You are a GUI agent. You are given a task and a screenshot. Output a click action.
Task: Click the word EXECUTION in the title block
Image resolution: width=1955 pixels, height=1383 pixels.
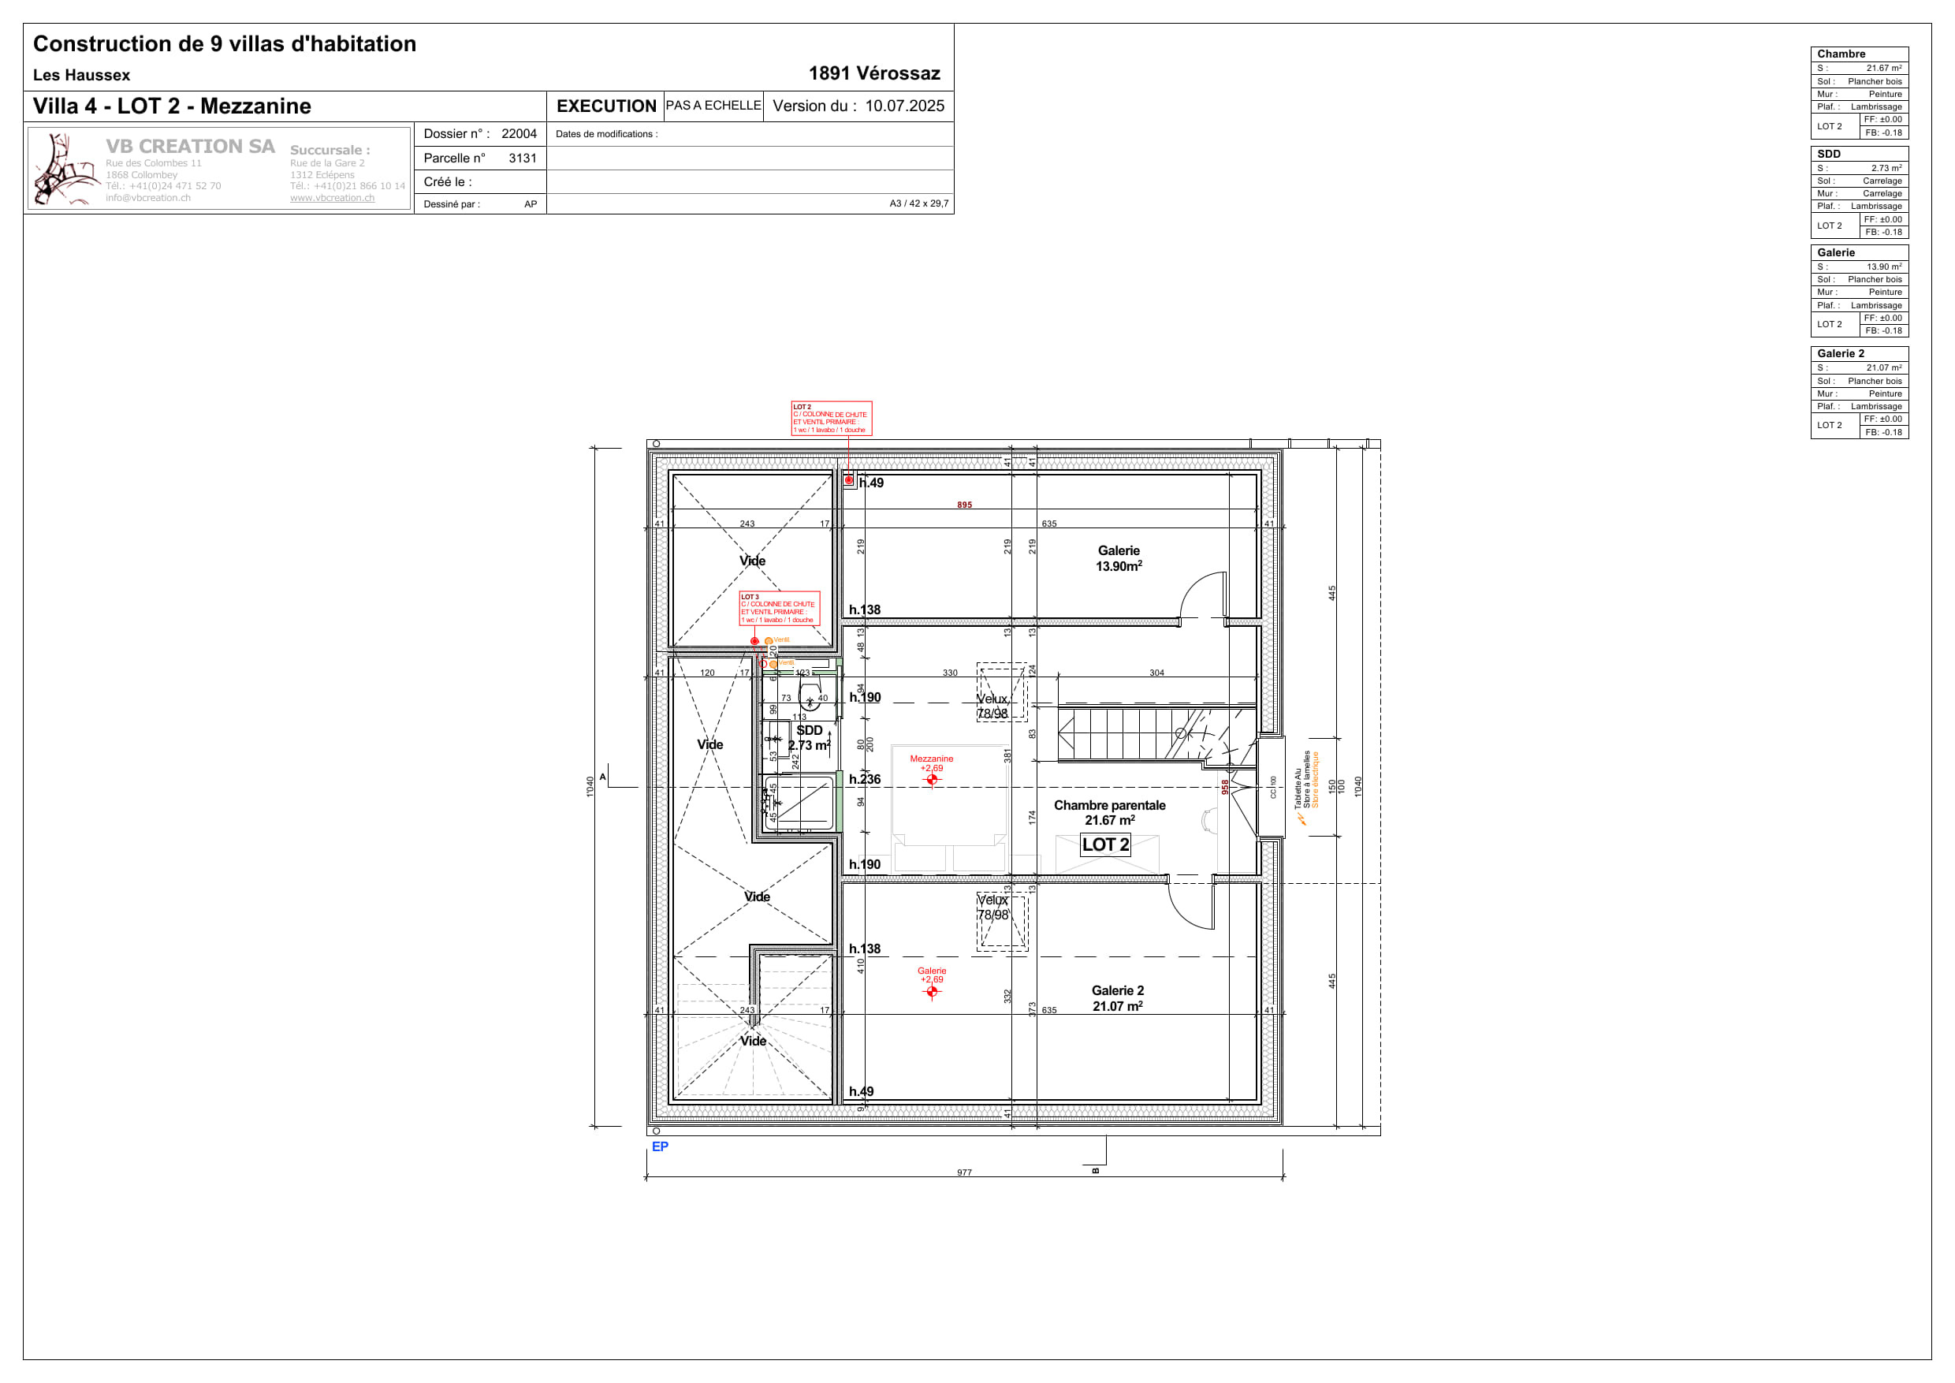pos(605,106)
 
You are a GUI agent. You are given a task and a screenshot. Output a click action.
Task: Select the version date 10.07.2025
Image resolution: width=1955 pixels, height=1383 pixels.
pos(904,106)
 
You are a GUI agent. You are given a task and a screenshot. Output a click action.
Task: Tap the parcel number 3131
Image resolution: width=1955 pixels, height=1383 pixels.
pos(522,158)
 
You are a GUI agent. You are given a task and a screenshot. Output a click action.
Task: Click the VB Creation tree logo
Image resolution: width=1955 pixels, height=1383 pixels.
pos(65,170)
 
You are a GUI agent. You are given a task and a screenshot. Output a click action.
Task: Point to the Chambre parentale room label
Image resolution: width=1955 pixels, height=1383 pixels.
pos(1108,812)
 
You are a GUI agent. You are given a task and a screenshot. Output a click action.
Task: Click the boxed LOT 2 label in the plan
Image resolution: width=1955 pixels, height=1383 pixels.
pos(1104,844)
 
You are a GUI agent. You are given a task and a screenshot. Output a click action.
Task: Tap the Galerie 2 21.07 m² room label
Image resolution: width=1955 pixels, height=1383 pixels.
pos(1117,998)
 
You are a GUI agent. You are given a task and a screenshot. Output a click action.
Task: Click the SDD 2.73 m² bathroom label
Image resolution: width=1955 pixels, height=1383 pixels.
pos(809,737)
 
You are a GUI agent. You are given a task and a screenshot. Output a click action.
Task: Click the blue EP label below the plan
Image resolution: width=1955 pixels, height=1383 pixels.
pos(660,1146)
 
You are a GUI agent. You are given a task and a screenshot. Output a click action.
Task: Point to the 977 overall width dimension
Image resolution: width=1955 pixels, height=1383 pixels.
pos(964,1172)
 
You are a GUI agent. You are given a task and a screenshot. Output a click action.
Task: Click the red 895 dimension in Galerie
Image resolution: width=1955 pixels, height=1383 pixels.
pos(964,505)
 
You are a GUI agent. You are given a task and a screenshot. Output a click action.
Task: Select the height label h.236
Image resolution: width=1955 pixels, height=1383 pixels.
pos(864,779)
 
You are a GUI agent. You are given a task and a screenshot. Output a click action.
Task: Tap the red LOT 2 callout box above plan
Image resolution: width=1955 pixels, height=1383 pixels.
pos(831,418)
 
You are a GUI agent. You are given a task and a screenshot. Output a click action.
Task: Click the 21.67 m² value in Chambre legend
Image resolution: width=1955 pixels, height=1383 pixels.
pos(1882,68)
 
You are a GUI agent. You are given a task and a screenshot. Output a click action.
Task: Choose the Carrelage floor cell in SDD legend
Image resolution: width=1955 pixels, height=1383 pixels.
pos(1882,181)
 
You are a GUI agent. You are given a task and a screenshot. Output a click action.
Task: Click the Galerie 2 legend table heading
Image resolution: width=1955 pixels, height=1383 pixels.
pos(1840,353)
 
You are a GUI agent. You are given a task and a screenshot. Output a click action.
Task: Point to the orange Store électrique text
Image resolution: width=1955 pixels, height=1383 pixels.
pos(1315,779)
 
